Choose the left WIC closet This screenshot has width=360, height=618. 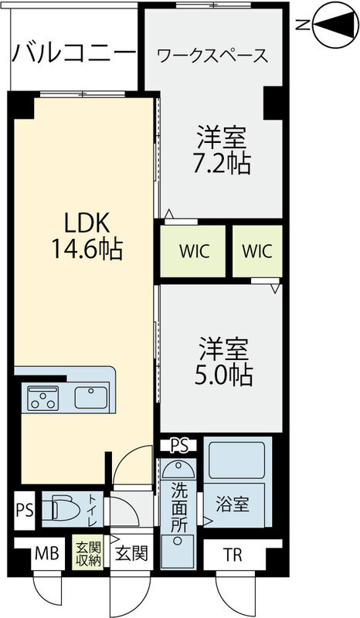[x=193, y=252]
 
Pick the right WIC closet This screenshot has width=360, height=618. [x=256, y=252]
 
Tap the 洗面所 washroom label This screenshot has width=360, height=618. [x=178, y=505]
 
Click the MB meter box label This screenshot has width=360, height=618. [x=42, y=554]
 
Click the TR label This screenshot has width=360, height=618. [x=232, y=554]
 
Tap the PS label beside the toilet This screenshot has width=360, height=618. [x=23, y=511]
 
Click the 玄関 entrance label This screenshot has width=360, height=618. [x=128, y=554]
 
